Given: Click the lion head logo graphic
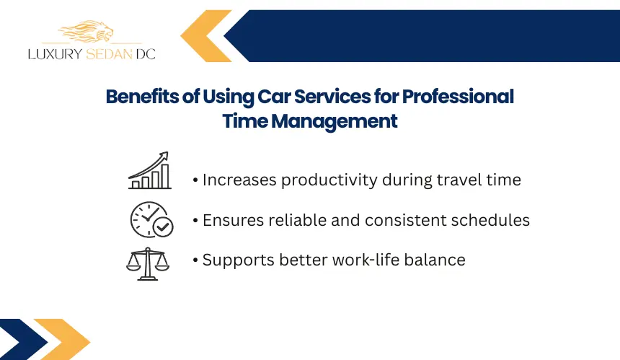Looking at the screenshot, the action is (x=87, y=31).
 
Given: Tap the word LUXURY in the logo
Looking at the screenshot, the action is (x=55, y=54).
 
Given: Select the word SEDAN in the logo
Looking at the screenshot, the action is (x=109, y=54).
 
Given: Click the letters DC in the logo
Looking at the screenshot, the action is (x=146, y=54).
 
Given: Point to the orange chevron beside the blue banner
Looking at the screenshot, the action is (x=205, y=36).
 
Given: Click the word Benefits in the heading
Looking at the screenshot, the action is (x=142, y=97).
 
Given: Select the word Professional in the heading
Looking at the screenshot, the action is (x=458, y=97).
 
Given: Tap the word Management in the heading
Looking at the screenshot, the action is (x=334, y=121).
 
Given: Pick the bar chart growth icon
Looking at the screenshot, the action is (x=150, y=170).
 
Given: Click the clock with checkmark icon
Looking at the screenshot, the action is (x=152, y=219).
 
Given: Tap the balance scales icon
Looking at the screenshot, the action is (x=148, y=264).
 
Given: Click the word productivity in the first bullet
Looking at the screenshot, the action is (x=329, y=180).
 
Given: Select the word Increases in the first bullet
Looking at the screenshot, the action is (x=239, y=180).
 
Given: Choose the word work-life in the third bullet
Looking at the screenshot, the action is (x=360, y=260).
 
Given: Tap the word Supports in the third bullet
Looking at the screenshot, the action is (x=239, y=260).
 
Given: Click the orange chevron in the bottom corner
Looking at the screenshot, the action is (x=62, y=339).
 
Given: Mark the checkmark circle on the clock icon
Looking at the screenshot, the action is (x=163, y=227).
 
